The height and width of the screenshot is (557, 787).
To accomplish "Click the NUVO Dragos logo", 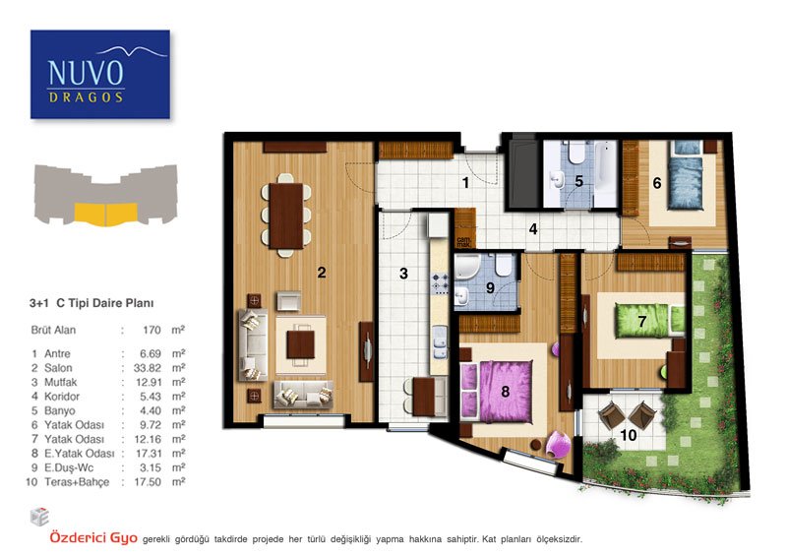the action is pyautogui.click(x=100, y=75).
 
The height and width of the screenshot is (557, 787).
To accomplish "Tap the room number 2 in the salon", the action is pyautogui.click(x=322, y=273).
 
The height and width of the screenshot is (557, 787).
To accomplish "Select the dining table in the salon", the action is pyautogui.click(x=286, y=216).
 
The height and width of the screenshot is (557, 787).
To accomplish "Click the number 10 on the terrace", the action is pyautogui.click(x=629, y=435).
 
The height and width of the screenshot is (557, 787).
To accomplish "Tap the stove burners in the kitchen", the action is pyautogui.click(x=440, y=282).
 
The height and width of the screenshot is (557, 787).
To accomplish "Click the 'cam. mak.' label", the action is pyautogui.click(x=463, y=241).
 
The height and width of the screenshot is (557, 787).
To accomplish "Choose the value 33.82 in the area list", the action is pyautogui.click(x=148, y=368).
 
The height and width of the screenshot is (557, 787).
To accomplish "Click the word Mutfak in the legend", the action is pyautogui.click(x=61, y=382).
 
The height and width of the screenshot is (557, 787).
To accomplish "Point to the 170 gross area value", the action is pyautogui.click(x=151, y=330).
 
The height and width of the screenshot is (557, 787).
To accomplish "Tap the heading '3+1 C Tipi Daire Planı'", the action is pyautogui.click(x=91, y=303).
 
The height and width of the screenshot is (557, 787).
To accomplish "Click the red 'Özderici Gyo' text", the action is pyautogui.click(x=93, y=537).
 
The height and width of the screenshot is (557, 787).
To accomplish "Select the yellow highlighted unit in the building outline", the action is pyautogui.click(x=106, y=215).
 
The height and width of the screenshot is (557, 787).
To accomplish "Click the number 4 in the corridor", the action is pyautogui.click(x=533, y=229).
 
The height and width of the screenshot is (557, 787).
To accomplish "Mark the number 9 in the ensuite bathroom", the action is pyautogui.click(x=490, y=287).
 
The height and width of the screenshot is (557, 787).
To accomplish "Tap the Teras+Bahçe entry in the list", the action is pyautogui.click(x=77, y=482).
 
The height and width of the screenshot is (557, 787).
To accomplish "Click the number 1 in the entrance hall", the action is pyautogui.click(x=465, y=183).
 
